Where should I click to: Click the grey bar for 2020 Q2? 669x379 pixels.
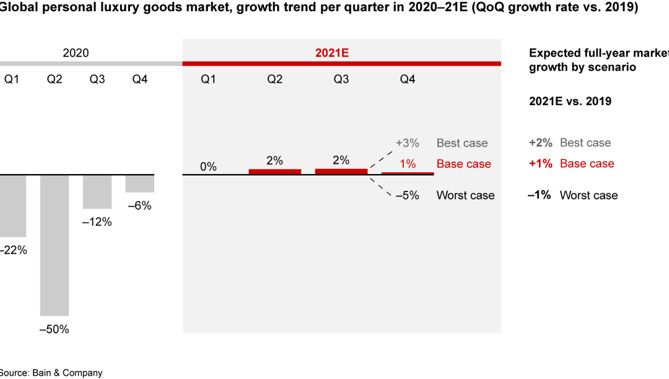(x=55, y=245)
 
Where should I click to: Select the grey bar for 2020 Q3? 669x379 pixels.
(x=97, y=192)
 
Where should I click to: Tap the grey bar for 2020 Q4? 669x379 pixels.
(x=140, y=184)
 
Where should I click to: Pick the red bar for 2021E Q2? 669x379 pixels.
(x=274, y=172)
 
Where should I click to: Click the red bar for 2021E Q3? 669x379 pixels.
(x=341, y=172)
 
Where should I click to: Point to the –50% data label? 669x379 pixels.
(x=54, y=329)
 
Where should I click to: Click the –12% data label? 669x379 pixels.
(x=97, y=222)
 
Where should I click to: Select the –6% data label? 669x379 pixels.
(x=139, y=206)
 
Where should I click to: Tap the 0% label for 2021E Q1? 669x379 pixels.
(x=208, y=167)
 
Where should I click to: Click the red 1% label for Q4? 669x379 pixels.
(x=408, y=164)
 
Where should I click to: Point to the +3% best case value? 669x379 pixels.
(x=407, y=143)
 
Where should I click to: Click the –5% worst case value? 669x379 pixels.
(x=407, y=195)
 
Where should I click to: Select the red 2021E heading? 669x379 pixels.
(x=332, y=53)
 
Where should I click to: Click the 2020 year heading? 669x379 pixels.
(x=76, y=53)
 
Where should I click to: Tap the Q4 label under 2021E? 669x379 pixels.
(x=407, y=79)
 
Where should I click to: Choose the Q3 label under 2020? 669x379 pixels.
(x=97, y=79)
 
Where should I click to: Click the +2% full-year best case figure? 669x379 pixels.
(x=541, y=143)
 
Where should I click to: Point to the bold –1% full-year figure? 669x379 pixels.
(x=539, y=195)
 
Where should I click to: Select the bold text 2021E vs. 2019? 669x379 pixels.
(x=570, y=102)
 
